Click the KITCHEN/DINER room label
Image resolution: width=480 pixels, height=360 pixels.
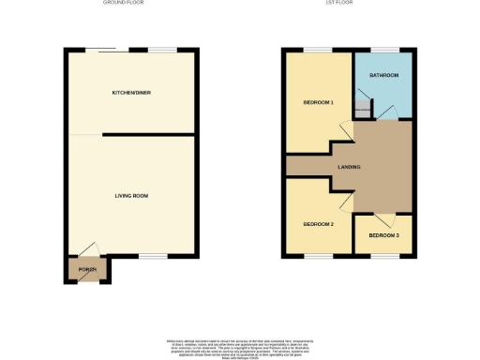(131, 93)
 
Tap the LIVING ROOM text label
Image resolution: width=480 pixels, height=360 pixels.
(131, 195)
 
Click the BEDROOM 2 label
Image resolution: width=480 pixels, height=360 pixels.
(319, 224)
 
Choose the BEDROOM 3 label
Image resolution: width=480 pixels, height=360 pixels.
(382, 235)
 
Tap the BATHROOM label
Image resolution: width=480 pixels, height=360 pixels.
(384, 75)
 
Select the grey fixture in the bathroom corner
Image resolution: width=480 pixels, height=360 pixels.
(362, 111)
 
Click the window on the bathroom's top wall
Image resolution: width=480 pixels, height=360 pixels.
(383, 49)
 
